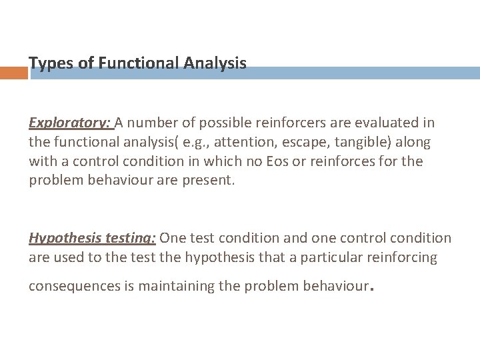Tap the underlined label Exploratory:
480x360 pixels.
tap(71, 123)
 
